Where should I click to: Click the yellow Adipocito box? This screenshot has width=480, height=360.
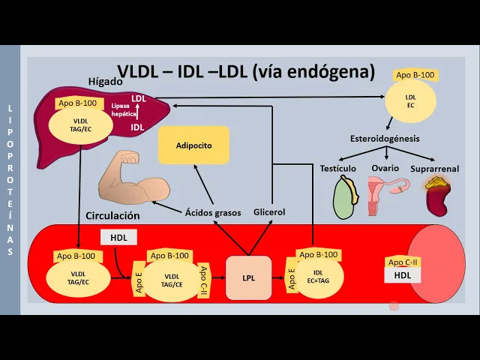(x=193, y=145)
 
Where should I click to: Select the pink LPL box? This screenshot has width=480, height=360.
(x=248, y=277)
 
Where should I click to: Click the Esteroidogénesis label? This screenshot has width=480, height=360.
(x=385, y=139)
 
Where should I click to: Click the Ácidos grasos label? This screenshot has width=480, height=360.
(x=213, y=213)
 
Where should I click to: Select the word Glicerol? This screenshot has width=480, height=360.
(x=269, y=212)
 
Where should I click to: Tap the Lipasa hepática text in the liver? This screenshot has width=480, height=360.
(x=124, y=111)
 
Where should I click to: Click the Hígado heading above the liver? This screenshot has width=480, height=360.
(x=105, y=81)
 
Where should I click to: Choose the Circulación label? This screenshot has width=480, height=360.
(x=113, y=215)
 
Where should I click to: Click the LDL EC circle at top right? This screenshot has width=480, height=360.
(x=410, y=100)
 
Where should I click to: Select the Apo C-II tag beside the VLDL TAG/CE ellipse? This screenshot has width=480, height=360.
(x=203, y=278)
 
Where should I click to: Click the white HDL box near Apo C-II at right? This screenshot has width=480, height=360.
(x=403, y=275)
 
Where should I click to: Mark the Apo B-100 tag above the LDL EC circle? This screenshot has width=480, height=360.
(x=415, y=75)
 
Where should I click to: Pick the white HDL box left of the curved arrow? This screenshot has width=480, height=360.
(x=118, y=237)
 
